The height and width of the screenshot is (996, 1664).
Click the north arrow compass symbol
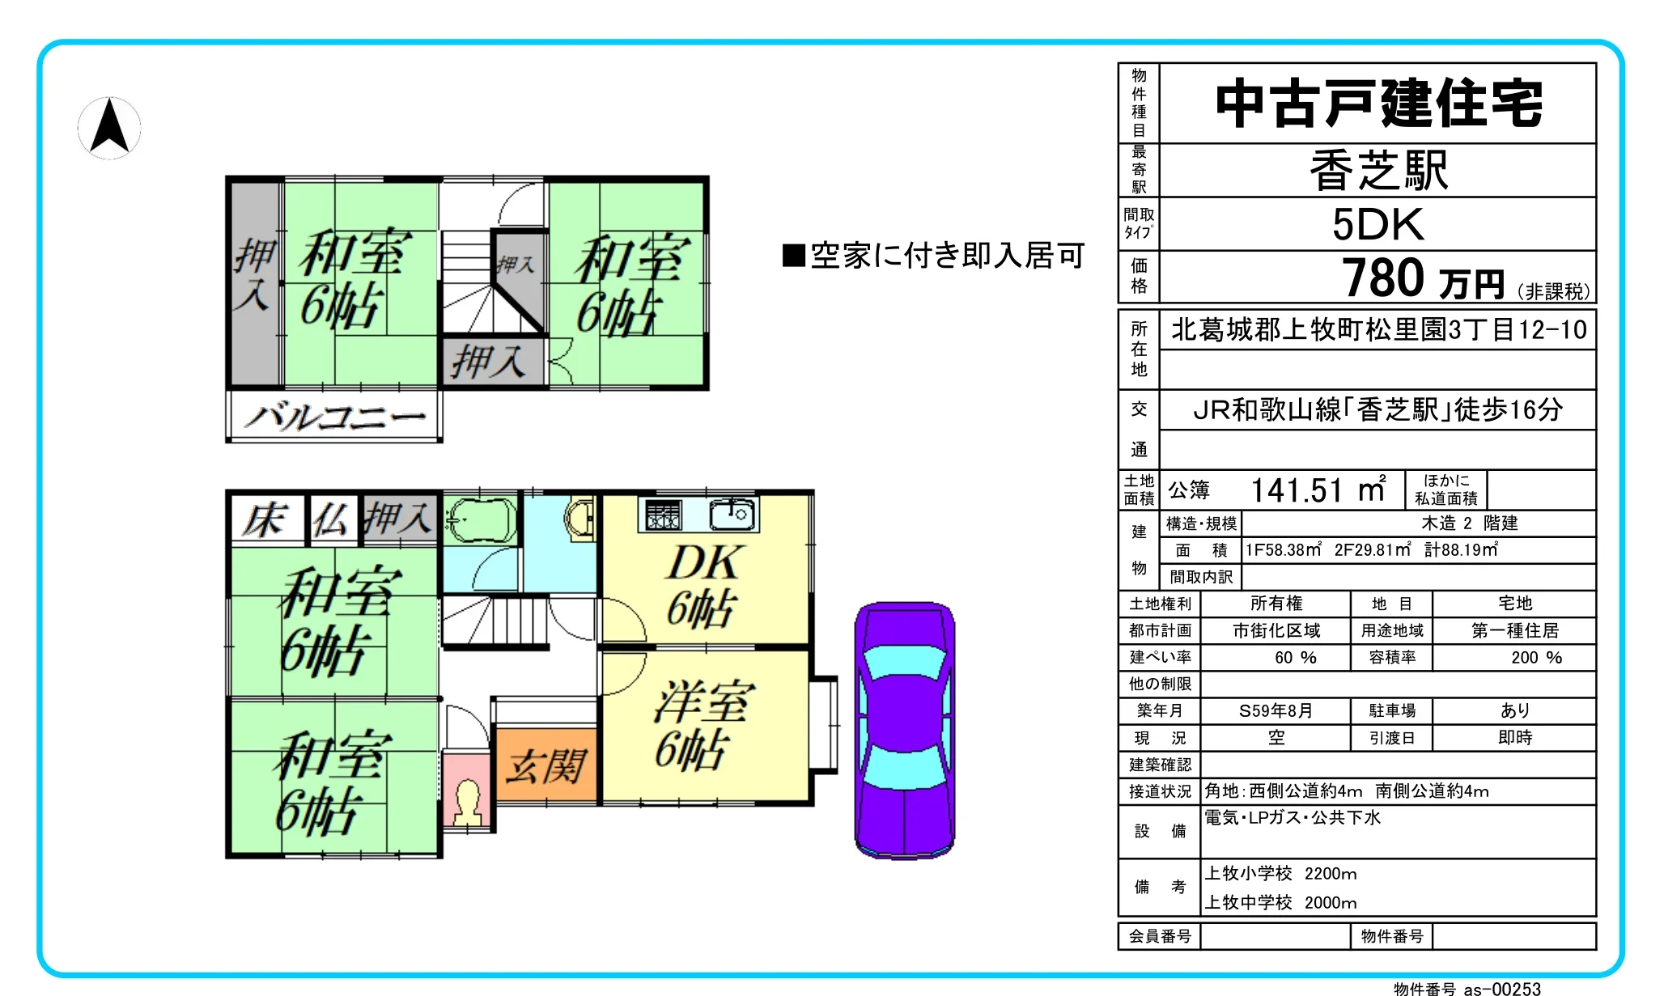click(109, 127)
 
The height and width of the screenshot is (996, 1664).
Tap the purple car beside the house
click(905, 729)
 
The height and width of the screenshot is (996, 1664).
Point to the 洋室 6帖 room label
click(703, 724)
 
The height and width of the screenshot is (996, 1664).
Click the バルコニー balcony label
click(335, 417)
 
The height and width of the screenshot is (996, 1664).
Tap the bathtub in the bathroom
click(481, 519)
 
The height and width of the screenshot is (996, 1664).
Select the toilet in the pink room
click(469, 800)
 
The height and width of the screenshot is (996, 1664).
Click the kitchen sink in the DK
click(732, 515)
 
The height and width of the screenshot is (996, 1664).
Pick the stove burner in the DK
click(663, 515)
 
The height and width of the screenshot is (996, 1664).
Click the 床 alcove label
click(265, 519)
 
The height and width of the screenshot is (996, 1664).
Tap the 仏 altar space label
click(331, 519)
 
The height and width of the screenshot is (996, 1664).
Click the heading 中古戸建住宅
click(1378, 104)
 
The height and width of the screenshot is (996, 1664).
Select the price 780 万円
click(1424, 279)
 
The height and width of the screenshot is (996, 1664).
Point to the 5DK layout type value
click(1377, 224)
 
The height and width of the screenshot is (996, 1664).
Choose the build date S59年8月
click(1276, 710)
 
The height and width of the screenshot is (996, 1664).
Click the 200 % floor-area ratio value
click(1536, 657)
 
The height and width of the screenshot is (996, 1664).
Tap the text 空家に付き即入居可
click(933, 256)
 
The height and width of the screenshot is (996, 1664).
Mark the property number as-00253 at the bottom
click(1502, 988)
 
